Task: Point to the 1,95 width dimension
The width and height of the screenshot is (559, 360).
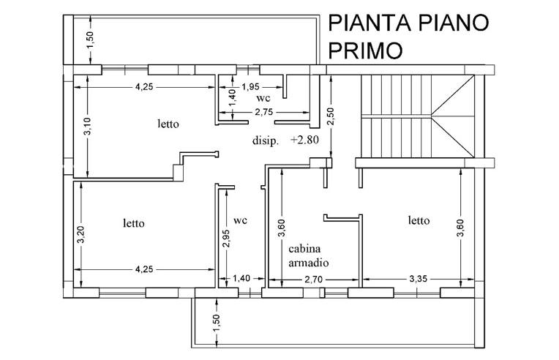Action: (x=251, y=86)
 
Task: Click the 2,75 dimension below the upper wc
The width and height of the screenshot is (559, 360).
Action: (x=263, y=112)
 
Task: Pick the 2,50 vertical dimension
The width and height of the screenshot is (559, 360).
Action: (x=330, y=117)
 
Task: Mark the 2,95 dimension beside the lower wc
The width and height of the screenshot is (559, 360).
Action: (x=226, y=239)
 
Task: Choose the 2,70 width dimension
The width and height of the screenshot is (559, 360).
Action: (x=312, y=278)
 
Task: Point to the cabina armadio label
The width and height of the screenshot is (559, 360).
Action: (x=305, y=255)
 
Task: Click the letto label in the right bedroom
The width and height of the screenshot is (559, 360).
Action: (x=419, y=220)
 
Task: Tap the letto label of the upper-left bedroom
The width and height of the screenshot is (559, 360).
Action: (x=168, y=124)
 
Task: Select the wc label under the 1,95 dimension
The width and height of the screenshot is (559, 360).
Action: (x=263, y=97)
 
